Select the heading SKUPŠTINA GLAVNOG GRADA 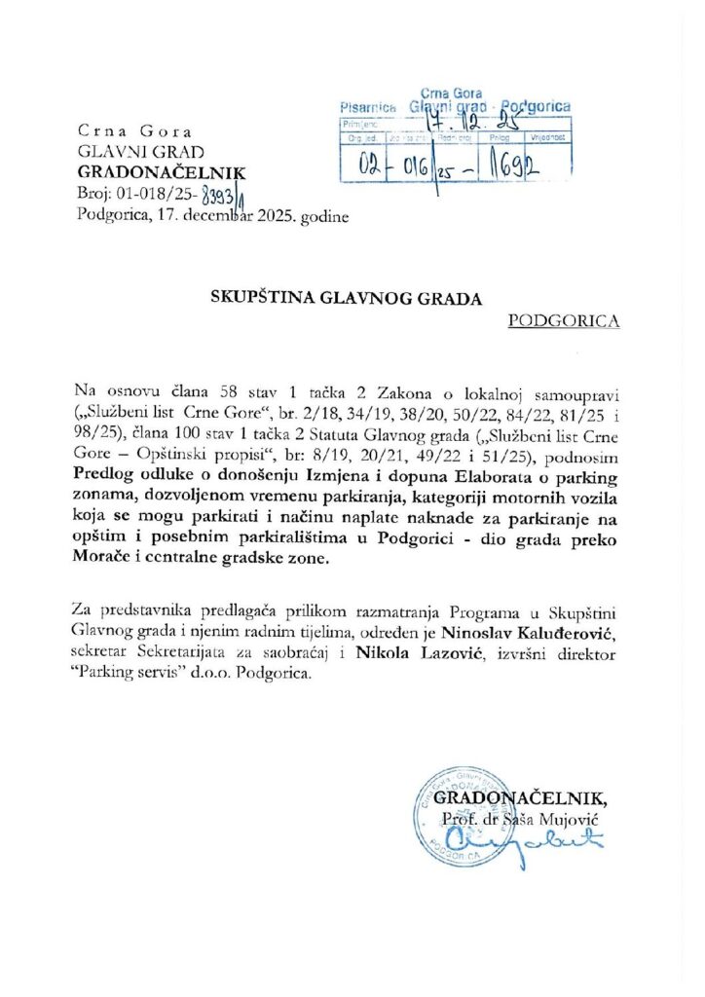pyautogui.click(x=347, y=299)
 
